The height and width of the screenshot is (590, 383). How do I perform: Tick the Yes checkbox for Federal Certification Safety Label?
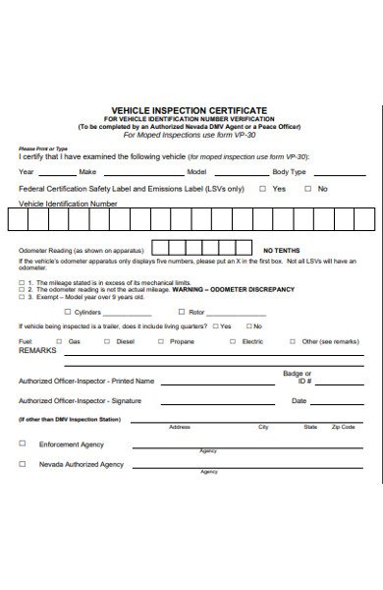point(263,188)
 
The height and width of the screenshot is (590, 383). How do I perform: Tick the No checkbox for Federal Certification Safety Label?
point(308,188)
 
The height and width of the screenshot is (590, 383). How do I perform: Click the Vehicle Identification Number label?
point(68,204)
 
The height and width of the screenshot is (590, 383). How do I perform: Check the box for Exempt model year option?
point(22,296)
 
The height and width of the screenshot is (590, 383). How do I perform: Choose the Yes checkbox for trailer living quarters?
point(213,326)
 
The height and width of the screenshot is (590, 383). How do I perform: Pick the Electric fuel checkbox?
point(233,341)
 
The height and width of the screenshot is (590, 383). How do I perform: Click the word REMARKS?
point(38,350)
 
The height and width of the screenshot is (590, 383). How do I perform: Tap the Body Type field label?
point(291,171)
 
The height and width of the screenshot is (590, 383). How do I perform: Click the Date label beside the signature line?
point(299,401)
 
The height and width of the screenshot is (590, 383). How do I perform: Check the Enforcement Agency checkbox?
point(22,444)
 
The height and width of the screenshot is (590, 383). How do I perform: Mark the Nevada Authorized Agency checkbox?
point(22,464)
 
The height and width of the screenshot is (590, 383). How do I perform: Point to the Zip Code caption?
point(343,428)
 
